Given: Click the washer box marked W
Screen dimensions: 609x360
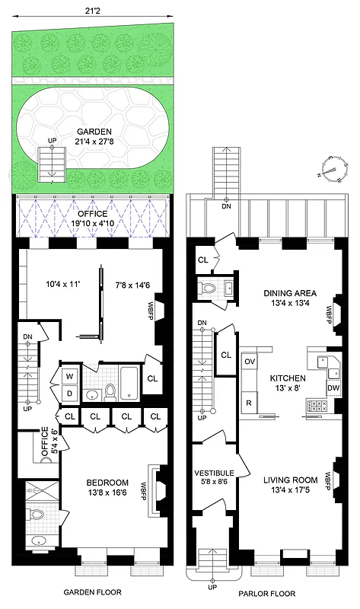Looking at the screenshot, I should [69, 376].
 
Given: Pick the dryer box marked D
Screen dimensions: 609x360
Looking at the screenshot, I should [69, 392].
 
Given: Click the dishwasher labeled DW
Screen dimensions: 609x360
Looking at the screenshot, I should [333, 387].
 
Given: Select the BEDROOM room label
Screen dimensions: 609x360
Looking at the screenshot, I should [107, 483].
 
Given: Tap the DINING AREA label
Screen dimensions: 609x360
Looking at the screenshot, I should [290, 293].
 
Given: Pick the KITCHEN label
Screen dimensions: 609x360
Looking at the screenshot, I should [287, 378].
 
